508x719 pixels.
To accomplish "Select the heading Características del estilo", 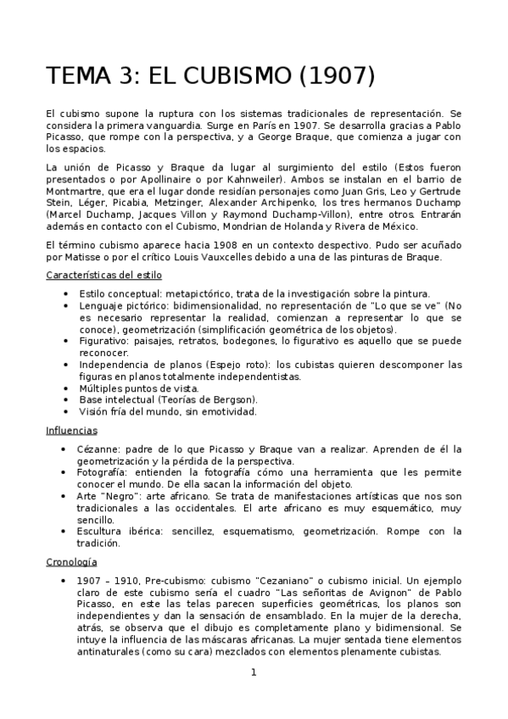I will click(x=103, y=276).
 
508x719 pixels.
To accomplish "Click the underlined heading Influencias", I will click(x=71, y=431).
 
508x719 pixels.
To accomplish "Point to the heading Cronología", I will click(x=73, y=561).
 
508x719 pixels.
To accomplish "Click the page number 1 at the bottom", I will click(x=253, y=673).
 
